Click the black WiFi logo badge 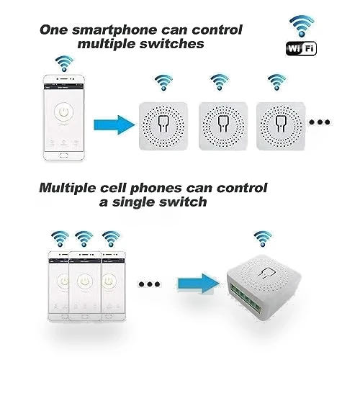tap(301, 48)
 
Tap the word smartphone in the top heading tap(114, 30)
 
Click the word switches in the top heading tap(172, 44)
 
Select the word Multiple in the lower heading tap(68, 189)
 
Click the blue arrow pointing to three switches tap(114, 125)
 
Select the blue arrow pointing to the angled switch tap(199, 284)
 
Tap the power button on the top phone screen tap(63, 112)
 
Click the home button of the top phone tap(63, 155)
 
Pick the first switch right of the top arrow tap(163, 126)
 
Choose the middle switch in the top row tap(223, 126)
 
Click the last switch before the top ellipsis tap(281, 126)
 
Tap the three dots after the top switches tap(320, 122)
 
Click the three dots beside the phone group tap(149, 284)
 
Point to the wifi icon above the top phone tap(64, 63)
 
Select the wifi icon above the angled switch tap(263, 239)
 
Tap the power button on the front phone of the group tap(85, 281)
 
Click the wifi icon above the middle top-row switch tap(219, 82)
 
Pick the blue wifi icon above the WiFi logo tap(302, 26)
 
